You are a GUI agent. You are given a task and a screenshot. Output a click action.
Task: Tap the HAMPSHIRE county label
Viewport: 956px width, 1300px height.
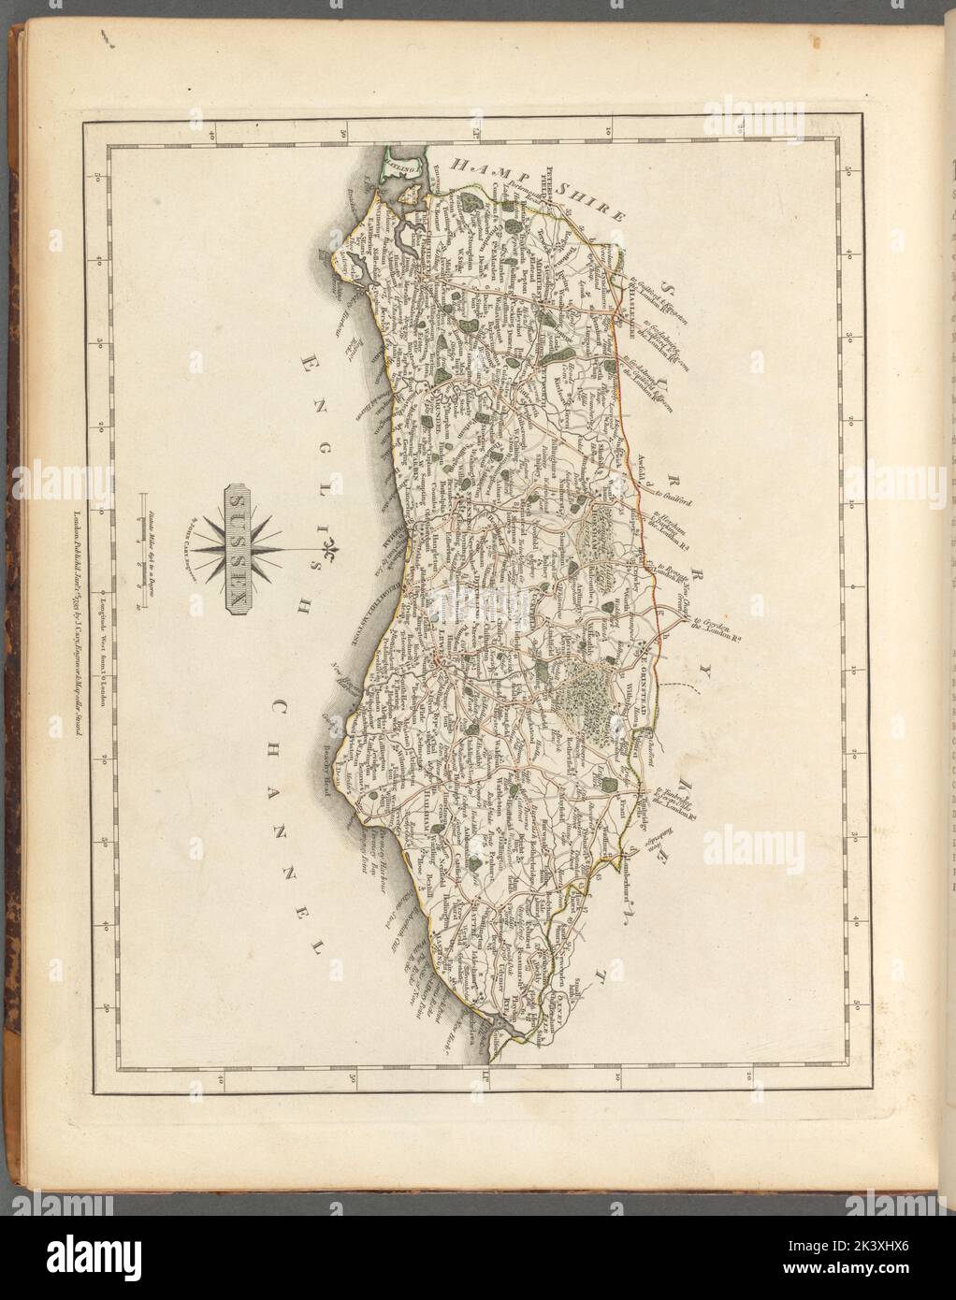pyautogui.click(x=534, y=187)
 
